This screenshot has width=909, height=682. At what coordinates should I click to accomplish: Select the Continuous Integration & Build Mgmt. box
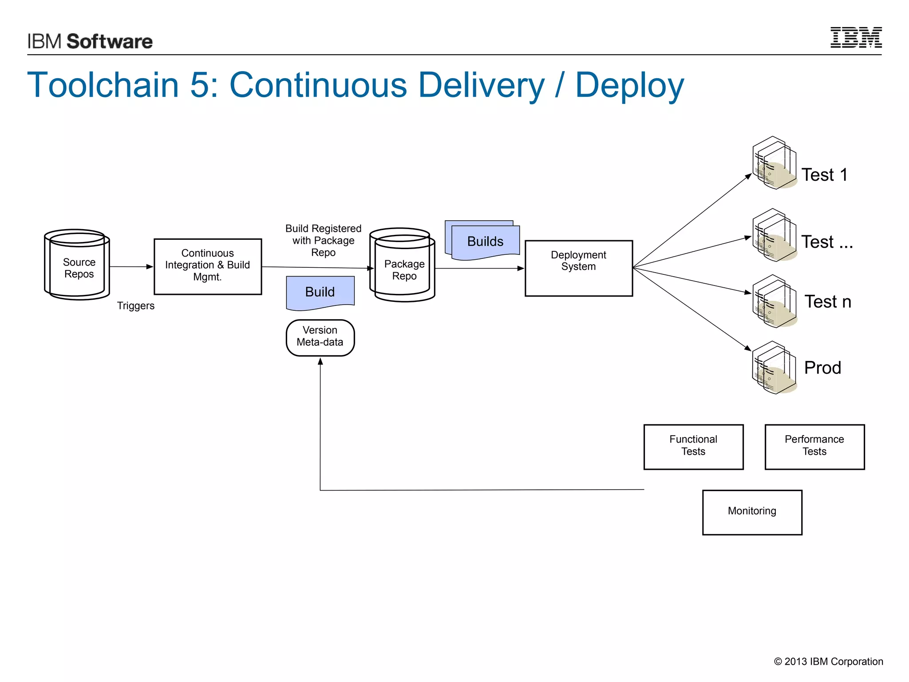(x=208, y=266)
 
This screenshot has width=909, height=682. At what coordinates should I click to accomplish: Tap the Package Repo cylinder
(x=403, y=266)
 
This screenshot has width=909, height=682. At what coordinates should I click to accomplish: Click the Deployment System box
(x=578, y=268)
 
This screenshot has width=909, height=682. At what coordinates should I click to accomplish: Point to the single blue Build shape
(x=320, y=292)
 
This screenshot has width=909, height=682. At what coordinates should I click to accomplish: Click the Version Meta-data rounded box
(x=320, y=337)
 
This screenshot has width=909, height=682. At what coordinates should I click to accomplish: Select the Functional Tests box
(x=693, y=447)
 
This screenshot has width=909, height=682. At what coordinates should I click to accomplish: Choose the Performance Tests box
(x=814, y=447)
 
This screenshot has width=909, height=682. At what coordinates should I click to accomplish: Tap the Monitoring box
(x=752, y=512)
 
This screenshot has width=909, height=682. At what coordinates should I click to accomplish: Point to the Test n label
(x=828, y=302)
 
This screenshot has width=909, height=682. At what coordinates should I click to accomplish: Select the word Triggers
(x=136, y=306)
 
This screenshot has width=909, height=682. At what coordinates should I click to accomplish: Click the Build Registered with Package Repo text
(x=323, y=241)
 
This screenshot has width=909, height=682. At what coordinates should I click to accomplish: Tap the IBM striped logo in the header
(x=856, y=38)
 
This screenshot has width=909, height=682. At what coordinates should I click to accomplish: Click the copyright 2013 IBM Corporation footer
(x=828, y=662)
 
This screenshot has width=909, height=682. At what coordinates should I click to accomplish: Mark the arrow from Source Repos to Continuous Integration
(x=131, y=267)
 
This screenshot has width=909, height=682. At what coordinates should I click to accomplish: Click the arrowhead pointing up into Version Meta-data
(x=320, y=361)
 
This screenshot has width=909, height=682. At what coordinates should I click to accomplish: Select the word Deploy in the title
(x=629, y=85)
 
